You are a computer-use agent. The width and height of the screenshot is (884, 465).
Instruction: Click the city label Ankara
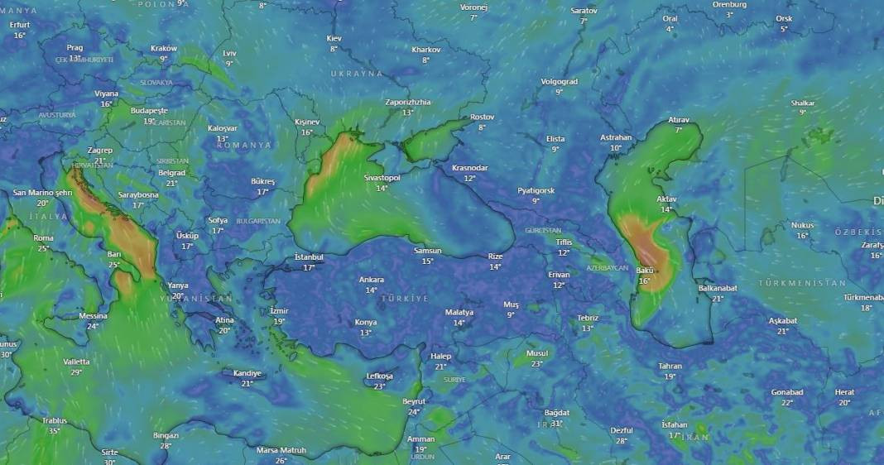pos(371,280)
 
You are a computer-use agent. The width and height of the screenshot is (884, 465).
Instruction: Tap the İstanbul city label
pos(310,257)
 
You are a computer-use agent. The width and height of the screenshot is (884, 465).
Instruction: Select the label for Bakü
pos(645,271)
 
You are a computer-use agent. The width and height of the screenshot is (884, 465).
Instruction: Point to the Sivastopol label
pos(382,178)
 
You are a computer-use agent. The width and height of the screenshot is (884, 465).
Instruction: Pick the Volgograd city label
pos(559,82)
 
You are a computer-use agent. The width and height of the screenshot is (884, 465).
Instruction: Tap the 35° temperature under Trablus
pos(55,431)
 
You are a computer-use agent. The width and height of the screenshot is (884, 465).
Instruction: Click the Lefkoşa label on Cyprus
pos(379,376)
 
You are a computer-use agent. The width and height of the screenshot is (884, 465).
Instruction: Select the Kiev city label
pos(334,39)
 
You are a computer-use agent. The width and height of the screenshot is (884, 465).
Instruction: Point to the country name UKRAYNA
pos(357,74)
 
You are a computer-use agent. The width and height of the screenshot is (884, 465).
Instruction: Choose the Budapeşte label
pos(149,110)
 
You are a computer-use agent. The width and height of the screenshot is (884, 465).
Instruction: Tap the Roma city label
pos(44,237)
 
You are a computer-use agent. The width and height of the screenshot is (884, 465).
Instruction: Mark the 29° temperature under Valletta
pos(76,372)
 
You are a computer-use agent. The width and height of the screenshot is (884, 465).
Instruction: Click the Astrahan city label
pos(616,137)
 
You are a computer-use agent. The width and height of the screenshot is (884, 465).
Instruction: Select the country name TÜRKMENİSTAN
pos(802,283)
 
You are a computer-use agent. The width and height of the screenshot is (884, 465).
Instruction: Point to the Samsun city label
pos(428,251)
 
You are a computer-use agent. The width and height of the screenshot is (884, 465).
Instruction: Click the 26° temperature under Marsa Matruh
pos(281,460)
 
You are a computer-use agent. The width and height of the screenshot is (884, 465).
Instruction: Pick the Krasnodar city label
pos(469,168)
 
